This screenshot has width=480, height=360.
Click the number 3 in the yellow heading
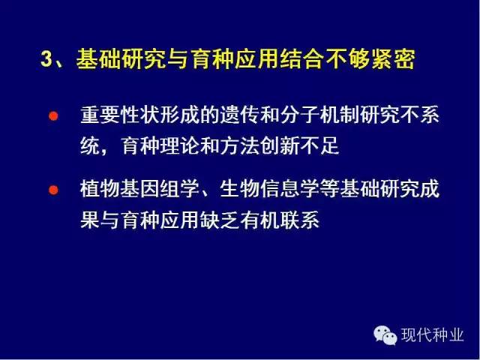[x=46, y=58]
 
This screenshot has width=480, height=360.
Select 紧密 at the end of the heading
[x=393, y=58]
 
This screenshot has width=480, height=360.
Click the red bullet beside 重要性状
[x=53, y=116]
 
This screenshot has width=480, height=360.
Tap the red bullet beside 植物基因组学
[x=53, y=190]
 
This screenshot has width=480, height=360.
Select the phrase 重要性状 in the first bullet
[x=120, y=115]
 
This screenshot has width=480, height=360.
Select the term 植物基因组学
[x=139, y=189]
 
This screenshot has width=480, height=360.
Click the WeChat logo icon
[x=385, y=335]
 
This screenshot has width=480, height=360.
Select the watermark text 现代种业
[x=433, y=335]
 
